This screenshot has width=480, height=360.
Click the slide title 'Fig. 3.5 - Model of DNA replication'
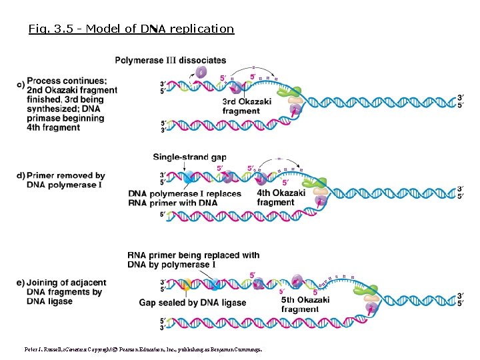click(131, 29)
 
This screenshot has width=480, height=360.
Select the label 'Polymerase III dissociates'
click(171, 61)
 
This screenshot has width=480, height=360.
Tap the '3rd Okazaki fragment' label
click(246, 107)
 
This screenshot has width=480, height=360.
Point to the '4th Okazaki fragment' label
click(281, 198)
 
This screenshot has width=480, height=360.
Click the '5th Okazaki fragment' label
click(305, 304)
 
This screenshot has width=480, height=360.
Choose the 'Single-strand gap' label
click(189, 157)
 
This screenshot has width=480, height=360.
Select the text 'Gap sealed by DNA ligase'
click(192, 303)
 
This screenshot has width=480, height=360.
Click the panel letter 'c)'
click(21, 85)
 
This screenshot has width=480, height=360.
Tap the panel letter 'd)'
click(21, 176)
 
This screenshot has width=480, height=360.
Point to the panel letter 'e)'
click(21, 283)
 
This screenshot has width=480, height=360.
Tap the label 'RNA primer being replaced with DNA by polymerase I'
click(193, 260)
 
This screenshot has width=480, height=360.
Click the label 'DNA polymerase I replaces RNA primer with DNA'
click(185, 198)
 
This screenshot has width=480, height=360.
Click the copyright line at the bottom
click(143, 349)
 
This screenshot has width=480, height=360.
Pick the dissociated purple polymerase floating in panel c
click(201, 72)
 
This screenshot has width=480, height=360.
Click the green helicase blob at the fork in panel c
click(295, 91)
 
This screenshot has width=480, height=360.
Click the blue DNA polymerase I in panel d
click(189, 177)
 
